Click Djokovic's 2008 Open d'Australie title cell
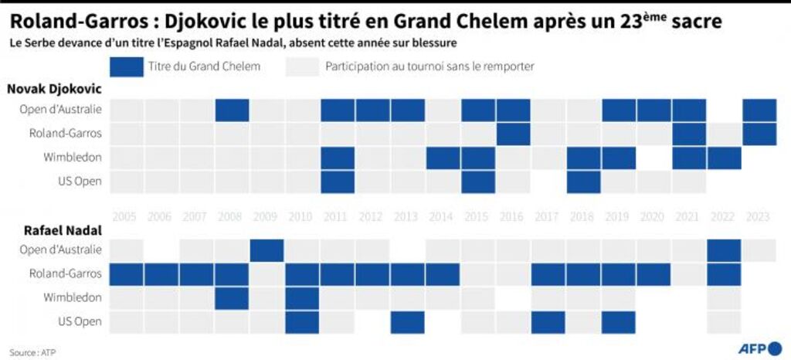[x=232, y=110]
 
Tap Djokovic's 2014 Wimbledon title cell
[x=443, y=158]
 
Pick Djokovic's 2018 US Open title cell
[x=584, y=182]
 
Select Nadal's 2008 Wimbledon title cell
[x=232, y=298]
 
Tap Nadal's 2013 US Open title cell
[x=408, y=322]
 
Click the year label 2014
[x=443, y=217]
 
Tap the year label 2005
[x=126, y=217]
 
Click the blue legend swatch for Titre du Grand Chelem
[x=126, y=66]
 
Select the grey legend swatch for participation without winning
[x=302, y=66]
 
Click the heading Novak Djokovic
[x=55, y=90]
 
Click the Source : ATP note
[x=32, y=352]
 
